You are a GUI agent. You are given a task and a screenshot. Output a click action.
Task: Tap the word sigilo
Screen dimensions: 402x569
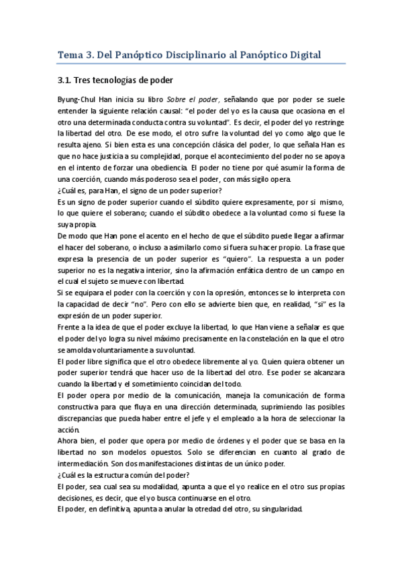click(235, 178)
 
